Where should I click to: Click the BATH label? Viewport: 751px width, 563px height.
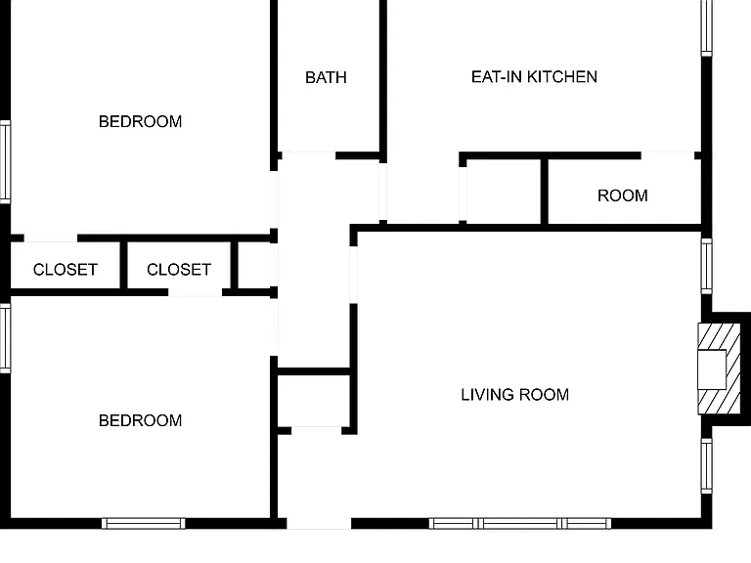326,77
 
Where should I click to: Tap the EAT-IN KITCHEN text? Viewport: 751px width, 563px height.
534,76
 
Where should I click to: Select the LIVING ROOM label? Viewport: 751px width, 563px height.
515,395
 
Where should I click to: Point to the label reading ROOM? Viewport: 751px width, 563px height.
623,195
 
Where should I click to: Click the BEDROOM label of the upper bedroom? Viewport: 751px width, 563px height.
141,121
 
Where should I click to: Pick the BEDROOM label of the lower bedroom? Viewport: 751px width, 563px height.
141,420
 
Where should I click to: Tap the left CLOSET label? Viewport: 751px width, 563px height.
66,270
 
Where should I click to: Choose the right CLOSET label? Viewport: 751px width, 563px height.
179,270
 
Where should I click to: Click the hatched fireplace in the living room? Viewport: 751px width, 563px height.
712,368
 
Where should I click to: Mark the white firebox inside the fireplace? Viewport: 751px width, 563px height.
712,369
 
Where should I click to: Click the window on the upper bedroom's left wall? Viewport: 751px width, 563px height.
5,162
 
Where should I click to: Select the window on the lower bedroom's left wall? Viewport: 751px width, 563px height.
5,338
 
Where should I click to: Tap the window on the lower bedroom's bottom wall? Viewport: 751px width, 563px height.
144,523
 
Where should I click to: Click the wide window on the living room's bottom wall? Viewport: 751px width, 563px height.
519,523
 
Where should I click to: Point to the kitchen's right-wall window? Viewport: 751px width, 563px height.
707,27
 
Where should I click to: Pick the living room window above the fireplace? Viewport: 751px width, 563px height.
707,266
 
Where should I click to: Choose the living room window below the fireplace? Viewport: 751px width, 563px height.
707,465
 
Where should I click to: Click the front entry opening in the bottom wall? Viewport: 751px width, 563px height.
319,523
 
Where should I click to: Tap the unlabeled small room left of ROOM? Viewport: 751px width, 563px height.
504,192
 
